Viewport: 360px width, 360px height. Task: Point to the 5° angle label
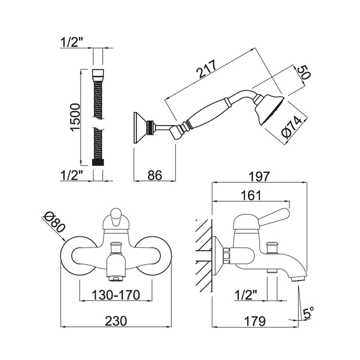coord(309,314)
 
